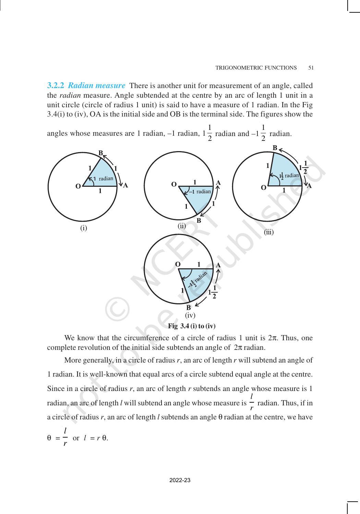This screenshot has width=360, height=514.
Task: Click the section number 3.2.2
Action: coord(55,85)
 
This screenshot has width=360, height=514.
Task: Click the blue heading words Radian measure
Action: coord(97,85)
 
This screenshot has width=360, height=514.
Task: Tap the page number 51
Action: coord(311,68)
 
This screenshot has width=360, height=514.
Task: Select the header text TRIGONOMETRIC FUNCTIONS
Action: coord(256,68)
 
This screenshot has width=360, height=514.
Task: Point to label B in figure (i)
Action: coord(100,153)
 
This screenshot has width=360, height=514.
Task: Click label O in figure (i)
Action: coord(78,186)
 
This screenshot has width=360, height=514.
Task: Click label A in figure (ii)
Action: coord(218,183)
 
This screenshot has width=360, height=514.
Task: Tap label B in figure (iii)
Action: coord(275,148)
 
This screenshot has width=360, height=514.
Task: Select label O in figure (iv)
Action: coord(178,264)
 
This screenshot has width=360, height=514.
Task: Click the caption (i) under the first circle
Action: coord(84,228)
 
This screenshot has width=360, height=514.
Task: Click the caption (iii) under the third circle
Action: coord(269,232)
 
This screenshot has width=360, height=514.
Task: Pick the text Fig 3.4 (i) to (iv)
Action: coord(192,326)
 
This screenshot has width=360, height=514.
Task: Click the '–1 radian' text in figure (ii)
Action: coord(201,192)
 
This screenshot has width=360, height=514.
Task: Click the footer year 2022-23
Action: coord(180,480)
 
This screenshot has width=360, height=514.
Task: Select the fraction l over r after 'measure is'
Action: coord(252,402)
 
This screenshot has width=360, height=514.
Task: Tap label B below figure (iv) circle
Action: coord(188,308)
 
